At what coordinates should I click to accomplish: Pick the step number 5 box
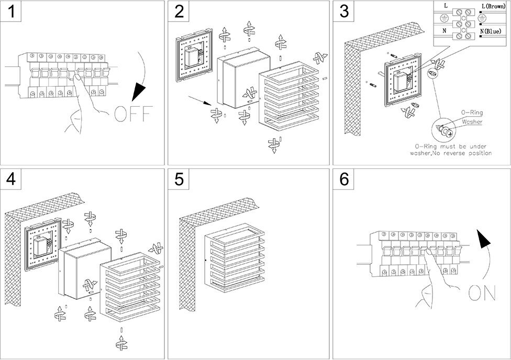tap(179, 179)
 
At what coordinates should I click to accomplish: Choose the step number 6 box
tap(344, 179)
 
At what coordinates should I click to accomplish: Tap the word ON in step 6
tap(482, 293)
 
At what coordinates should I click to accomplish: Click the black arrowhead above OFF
tap(139, 91)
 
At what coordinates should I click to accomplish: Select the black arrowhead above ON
tap(484, 240)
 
